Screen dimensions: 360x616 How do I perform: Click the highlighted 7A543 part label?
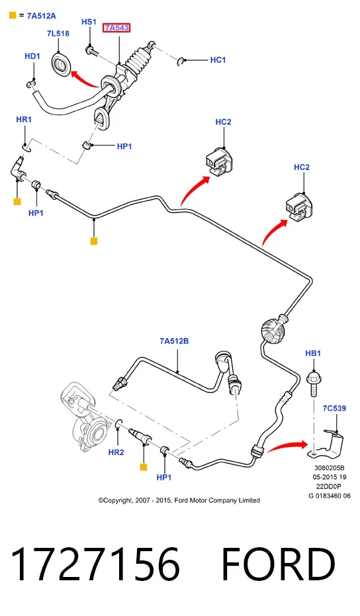pos(116,28)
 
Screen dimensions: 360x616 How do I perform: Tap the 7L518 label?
pos(58,33)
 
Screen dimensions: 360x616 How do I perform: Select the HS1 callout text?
pos(89,22)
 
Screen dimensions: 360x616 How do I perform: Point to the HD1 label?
pos(32,56)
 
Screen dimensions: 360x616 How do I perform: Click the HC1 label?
pos(218,60)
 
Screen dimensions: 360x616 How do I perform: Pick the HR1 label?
pos(24,119)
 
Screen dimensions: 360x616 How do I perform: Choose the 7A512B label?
pos(174,341)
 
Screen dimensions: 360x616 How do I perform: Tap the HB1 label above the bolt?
pos(313,353)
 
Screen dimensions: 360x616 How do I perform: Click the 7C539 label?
pos(334,408)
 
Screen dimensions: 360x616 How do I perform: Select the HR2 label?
pos(116,452)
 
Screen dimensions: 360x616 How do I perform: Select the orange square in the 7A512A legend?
pos(13,16)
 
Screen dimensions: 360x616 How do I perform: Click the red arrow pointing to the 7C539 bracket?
pos(287,446)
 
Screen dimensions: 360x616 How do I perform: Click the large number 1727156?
pos(95,564)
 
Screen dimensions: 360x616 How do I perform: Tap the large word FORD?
pos(279,564)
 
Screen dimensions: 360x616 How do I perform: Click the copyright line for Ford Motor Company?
pos(179,500)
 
